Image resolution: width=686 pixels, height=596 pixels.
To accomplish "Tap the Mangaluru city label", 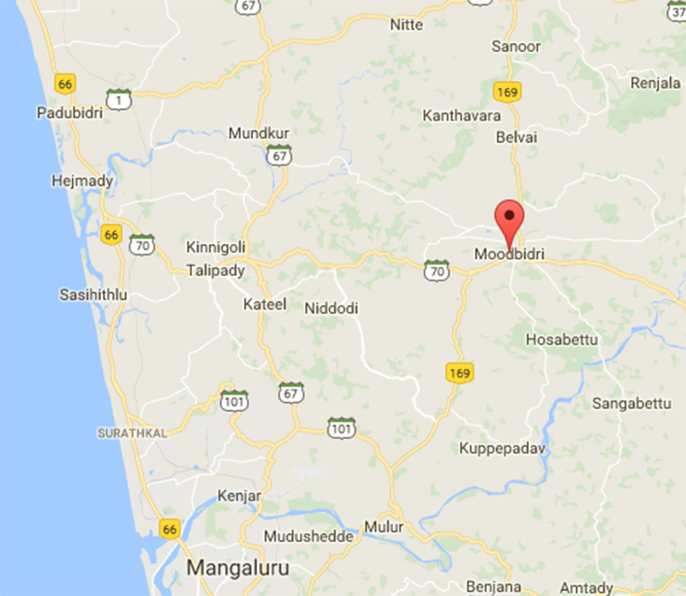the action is (238, 568).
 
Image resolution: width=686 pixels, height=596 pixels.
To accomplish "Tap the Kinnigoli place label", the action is (216, 248).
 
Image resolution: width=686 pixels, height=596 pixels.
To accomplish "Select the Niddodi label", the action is (331, 309).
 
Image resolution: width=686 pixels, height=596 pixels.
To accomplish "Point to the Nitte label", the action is (406, 25).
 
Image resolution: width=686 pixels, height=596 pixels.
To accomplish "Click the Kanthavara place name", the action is (460, 114).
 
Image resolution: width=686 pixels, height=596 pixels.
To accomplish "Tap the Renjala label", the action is (655, 83).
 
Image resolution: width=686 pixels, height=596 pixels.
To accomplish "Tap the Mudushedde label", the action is (309, 537).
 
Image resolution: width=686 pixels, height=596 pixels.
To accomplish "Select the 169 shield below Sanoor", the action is (508, 90).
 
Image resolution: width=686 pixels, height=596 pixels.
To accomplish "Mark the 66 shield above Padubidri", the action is (65, 83).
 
